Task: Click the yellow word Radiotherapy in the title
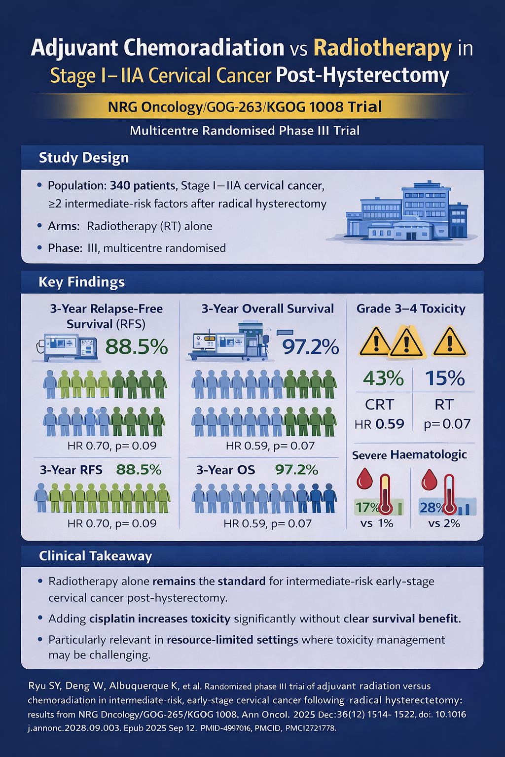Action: [382, 48]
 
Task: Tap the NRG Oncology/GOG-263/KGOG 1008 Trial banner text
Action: [245, 106]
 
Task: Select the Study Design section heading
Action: [84, 158]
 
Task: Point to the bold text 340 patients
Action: [143, 186]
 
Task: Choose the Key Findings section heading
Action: [81, 282]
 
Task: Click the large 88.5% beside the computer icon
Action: [137, 347]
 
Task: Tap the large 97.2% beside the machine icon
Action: [310, 347]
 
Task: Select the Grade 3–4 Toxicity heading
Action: [411, 309]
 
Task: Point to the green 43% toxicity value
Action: [383, 378]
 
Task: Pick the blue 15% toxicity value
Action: [445, 378]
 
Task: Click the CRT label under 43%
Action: [379, 405]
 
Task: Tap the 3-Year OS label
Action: [225, 470]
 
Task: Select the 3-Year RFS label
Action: [71, 470]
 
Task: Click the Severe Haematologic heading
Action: [409, 454]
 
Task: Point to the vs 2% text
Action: [444, 523]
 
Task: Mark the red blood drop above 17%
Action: [364, 478]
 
